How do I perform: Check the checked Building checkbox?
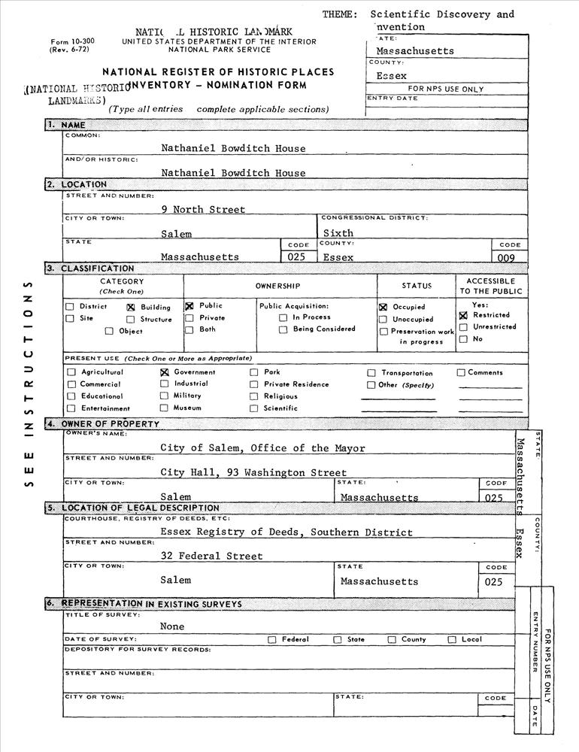[x=130, y=307]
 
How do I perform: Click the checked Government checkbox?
[x=164, y=372]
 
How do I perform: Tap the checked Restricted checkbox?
[x=463, y=316]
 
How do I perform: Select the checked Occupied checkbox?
[x=383, y=307]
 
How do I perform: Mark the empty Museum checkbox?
[x=164, y=408]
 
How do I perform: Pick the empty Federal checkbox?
[x=272, y=640]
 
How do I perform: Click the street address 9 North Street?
[x=203, y=210]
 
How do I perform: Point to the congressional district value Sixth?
[x=338, y=233]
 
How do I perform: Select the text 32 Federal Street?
[x=211, y=556]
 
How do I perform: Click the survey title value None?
[x=172, y=626]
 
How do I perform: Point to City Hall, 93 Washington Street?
[x=253, y=472]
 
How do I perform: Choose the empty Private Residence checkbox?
[x=254, y=384]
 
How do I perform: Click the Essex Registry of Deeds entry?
[x=286, y=532]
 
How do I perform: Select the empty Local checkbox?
[x=452, y=640]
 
